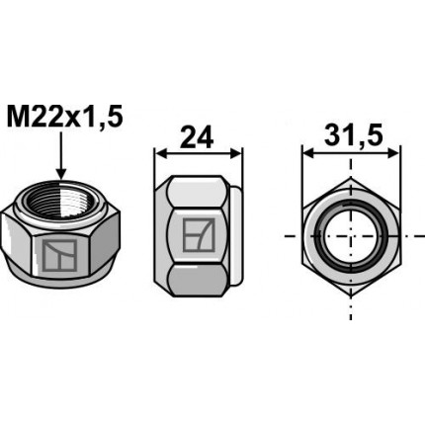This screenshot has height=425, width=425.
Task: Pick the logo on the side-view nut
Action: (199, 236)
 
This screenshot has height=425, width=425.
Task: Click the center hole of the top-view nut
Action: (351, 238)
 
